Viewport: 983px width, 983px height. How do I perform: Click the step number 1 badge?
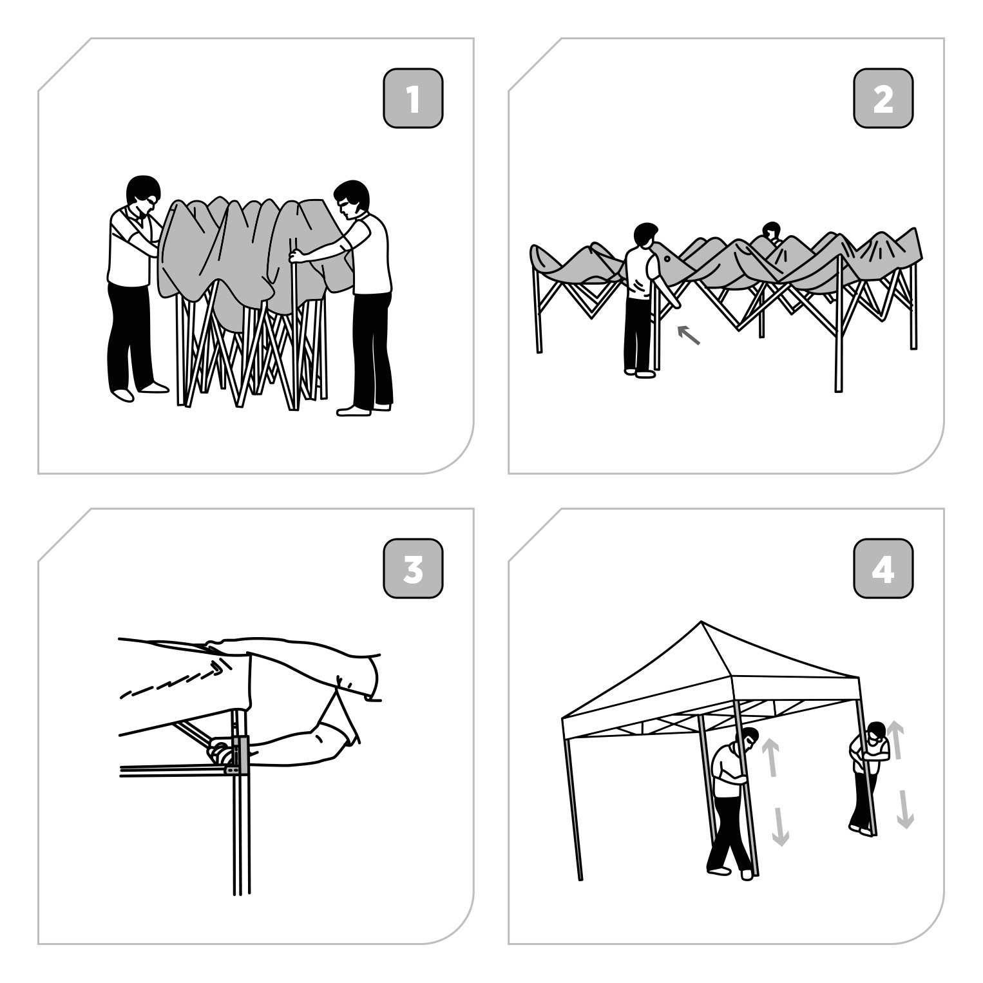point(413,98)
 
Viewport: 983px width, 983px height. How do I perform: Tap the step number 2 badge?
point(883,98)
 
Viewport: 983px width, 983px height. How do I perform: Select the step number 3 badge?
point(413,568)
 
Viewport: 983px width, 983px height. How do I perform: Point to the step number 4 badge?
point(883,568)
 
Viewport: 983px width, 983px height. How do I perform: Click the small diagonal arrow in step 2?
point(689,335)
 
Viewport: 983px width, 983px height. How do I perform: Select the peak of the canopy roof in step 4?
point(701,622)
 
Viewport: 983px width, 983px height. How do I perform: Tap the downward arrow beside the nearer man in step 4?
point(780,826)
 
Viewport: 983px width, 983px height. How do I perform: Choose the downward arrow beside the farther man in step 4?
point(905,809)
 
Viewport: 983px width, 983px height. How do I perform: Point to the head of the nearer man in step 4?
point(748,740)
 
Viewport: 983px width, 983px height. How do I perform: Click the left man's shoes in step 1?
point(138,390)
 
